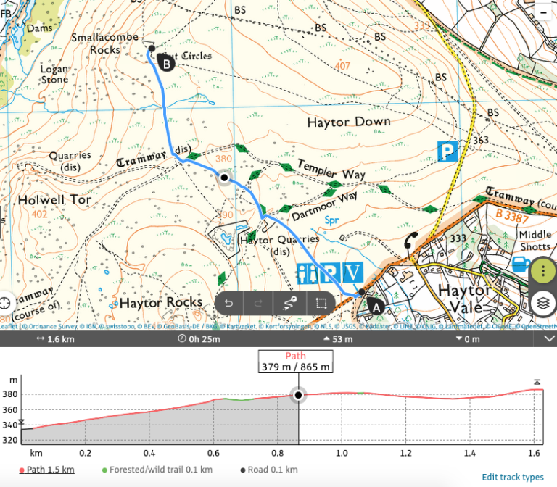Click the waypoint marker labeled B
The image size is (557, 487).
click(x=166, y=64)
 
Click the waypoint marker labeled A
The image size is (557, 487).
click(x=375, y=306)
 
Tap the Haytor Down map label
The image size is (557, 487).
click(x=348, y=122)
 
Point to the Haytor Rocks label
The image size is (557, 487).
click(x=160, y=302)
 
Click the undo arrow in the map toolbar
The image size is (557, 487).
click(x=229, y=303)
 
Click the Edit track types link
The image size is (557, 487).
click(x=512, y=477)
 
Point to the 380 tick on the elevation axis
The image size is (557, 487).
click(x=12, y=395)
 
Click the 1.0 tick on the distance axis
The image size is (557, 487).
click(x=342, y=453)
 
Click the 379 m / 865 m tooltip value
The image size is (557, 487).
click(x=296, y=367)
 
